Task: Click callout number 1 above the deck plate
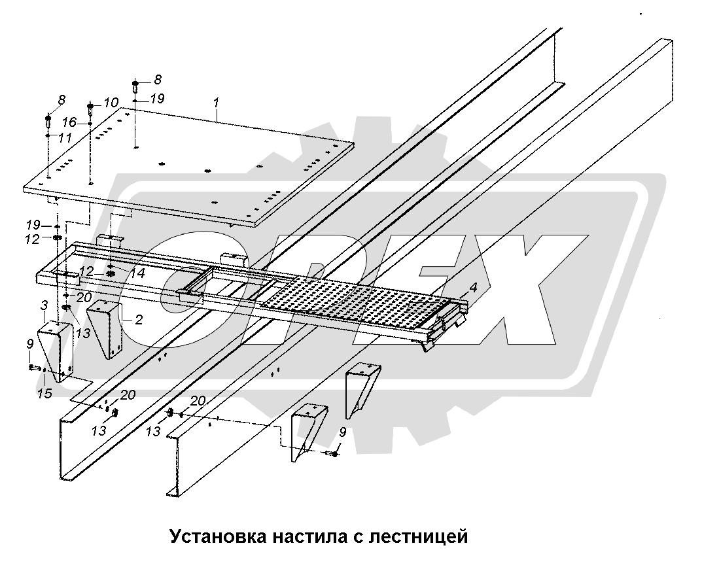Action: [215, 103]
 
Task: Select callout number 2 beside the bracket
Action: [139, 319]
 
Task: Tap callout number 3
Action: [44, 305]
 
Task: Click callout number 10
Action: [111, 103]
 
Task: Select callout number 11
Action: [64, 138]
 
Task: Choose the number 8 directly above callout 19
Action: [157, 80]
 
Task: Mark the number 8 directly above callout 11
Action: [61, 100]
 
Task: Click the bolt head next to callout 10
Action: [90, 105]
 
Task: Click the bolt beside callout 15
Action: [34, 368]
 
